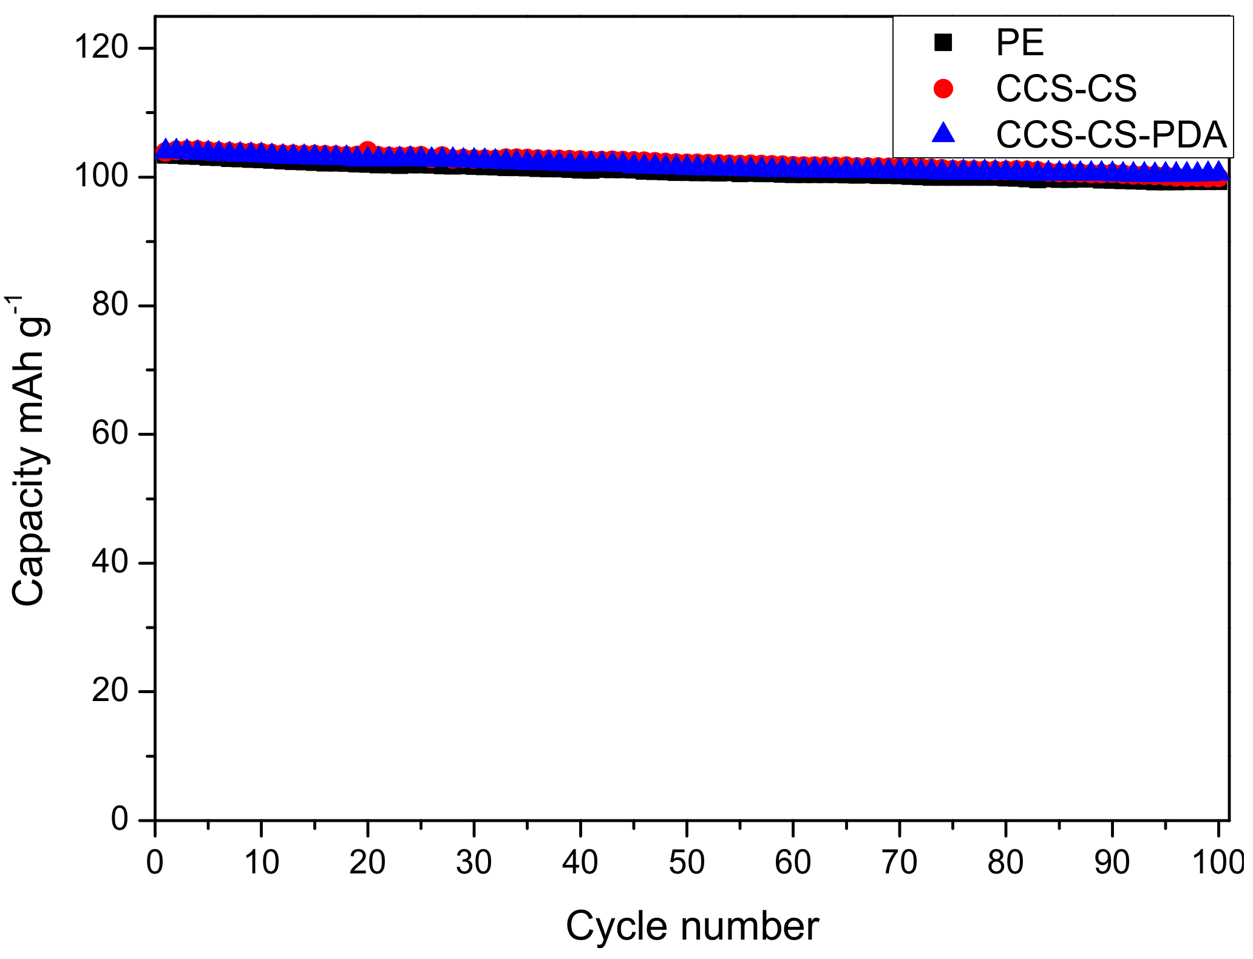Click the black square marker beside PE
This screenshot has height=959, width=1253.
pyautogui.click(x=943, y=42)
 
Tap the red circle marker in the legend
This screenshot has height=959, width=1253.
pyautogui.click(x=943, y=89)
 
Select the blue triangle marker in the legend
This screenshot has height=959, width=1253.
pyautogui.click(x=943, y=134)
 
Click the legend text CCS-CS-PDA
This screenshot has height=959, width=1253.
pyautogui.click(x=1112, y=134)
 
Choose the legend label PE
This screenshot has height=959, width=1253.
pyautogui.click(x=1020, y=42)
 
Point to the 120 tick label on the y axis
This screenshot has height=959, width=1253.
pyautogui.click(x=101, y=47)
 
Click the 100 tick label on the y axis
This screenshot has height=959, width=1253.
pyautogui.click(x=101, y=177)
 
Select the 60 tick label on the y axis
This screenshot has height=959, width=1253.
pyautogui.click(x=110, y=434)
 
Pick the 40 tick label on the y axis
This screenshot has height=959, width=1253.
pyautogui.click(x=110, y=563)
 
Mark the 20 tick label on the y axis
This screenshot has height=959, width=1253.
pyautogui.click(x=110, y=691)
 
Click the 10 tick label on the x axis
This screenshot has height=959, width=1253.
pyautogui.click(x=261, y=862)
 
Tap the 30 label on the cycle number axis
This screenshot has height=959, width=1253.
pyautogui.click(x=474, y=862)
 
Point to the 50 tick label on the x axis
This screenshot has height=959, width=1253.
pyautogui.click(x=687, y=862)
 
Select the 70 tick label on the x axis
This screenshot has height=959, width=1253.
pyautogui.click(x=899, y=862)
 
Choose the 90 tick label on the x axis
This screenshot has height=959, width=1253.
pyautogui.click(x=1112, y=862)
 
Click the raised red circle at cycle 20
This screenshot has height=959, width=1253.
pyautogui.click(x=367, y=147)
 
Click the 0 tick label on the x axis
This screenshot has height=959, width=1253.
pyautogui.click(x=155, y=862)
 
